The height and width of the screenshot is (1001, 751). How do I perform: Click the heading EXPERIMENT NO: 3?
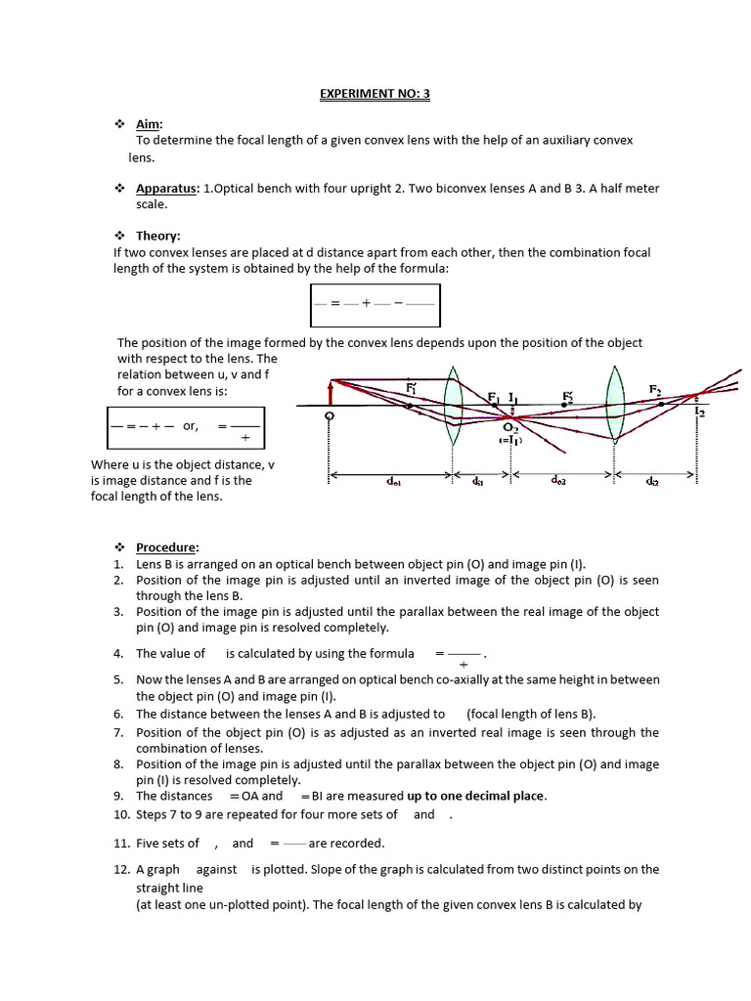[375, 94]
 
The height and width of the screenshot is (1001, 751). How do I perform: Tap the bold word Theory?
[157, 236]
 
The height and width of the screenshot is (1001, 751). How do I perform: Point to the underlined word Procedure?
[167, 547]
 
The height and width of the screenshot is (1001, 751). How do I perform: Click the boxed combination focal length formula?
[375, 305]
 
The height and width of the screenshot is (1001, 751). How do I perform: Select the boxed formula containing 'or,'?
[186, 427]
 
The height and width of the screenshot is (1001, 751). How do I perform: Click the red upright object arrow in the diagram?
[331, 392]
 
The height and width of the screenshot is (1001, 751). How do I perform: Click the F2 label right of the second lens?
[655, 389]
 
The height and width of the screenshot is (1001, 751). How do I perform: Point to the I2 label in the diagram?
[699, 413]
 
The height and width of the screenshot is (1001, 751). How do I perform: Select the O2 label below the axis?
[510, 427]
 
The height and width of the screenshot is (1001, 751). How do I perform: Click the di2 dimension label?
[650, 481]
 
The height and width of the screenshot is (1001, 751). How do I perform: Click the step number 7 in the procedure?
[117, 732]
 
